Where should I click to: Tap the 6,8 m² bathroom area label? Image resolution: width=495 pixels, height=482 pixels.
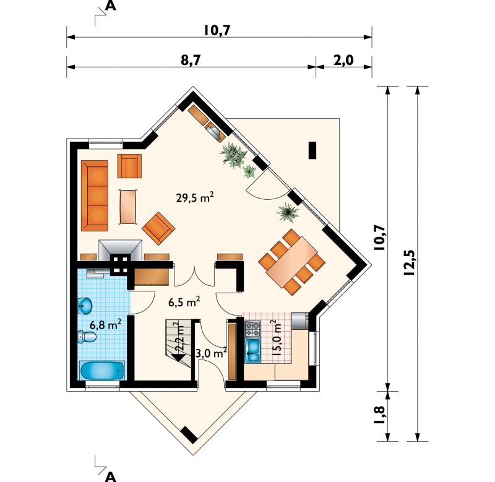(x=105, y=324)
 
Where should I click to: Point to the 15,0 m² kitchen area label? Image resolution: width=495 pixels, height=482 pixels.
(x=275, y=338)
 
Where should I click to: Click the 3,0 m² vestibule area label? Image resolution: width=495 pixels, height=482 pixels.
(x=211, y=352)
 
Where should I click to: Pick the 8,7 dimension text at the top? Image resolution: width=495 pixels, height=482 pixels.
(x=191, y=60)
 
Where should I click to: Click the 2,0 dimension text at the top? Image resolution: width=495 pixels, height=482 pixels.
(x=343, y=60)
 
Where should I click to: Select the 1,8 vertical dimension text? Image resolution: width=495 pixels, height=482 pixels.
(x=380, y=415)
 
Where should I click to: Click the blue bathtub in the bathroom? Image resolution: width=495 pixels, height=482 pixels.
(x=102, y=371)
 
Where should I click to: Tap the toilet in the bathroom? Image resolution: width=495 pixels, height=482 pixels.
(x=87, y=337)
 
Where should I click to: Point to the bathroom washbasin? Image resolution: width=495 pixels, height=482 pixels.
(x=85, y=305)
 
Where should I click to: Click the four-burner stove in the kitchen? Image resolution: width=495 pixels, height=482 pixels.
(x=253, y=329)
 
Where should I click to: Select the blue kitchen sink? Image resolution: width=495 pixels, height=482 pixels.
(x=253, y=351)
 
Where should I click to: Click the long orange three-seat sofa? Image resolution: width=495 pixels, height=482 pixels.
(x=95, y=196)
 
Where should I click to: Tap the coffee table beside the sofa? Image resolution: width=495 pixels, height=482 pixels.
(x=128, y=207)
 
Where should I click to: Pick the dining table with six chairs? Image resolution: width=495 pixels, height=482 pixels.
(x=291, y=262)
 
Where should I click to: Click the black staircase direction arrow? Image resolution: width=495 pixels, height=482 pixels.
(x=179, y=358)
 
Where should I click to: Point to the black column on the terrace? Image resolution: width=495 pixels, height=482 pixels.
(x=312, y=150)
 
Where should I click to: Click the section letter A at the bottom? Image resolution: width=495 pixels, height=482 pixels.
(x=110, y=477)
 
